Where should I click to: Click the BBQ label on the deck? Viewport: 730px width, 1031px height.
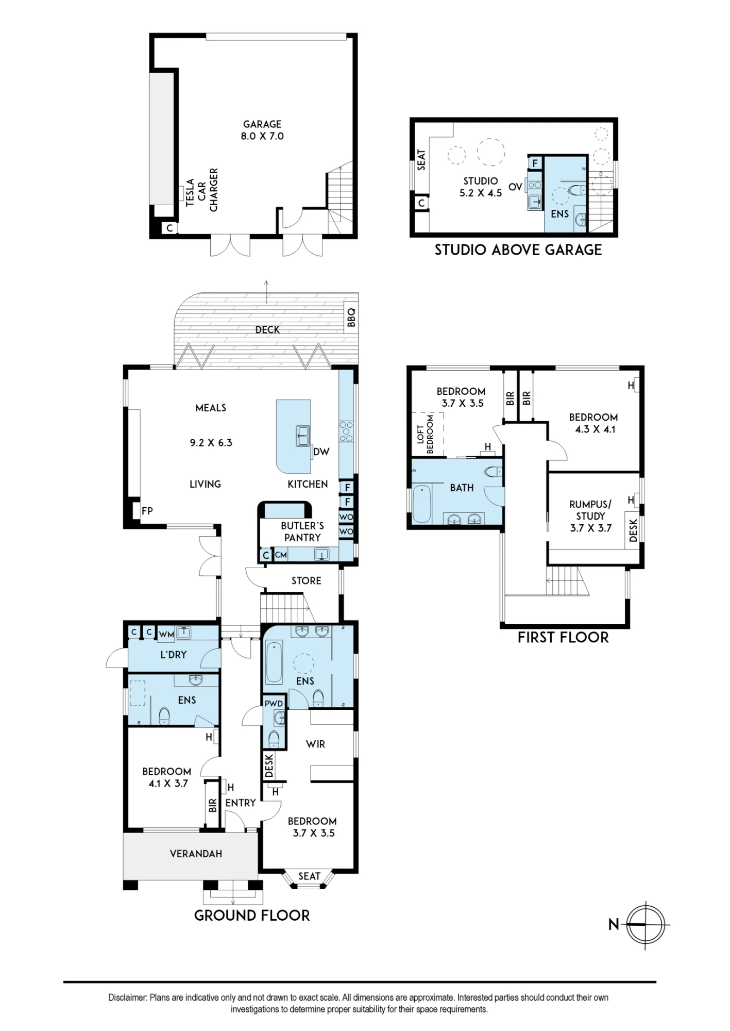click(x=351, y=318)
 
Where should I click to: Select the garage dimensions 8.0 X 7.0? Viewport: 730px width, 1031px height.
click(x=262, y=136)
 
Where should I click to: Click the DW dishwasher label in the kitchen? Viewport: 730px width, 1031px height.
click(x=321, y=452)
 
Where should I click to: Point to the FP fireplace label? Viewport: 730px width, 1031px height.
click(x=147, y=511)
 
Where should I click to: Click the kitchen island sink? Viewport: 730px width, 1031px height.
click(x=302, y=436)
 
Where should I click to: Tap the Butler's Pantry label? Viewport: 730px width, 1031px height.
click(x=302, y=531)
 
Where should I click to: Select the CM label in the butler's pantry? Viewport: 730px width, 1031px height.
click(x=281, y=555)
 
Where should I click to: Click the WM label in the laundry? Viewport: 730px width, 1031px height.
click(x=166, y=635)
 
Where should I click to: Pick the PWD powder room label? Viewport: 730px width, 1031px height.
click(x=274, y=703)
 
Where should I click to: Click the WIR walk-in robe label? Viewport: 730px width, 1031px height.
click(x=315, y=744)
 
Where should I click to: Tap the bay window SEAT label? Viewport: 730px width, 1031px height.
click(x=309, y=876)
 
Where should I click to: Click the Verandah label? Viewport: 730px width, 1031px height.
click(x=196, y=854)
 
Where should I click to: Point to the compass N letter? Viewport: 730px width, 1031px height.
click(x=614, y=925)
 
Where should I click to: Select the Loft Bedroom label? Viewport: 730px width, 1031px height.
click(x=425, y=434)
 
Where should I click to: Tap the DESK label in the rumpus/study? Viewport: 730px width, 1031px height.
click(x=633, y=530)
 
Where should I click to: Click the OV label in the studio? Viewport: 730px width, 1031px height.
click(x=515, y=187)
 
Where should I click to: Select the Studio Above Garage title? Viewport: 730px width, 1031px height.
click(x=518, y=250)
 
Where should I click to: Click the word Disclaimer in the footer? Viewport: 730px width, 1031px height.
click(x=128, y=997)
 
